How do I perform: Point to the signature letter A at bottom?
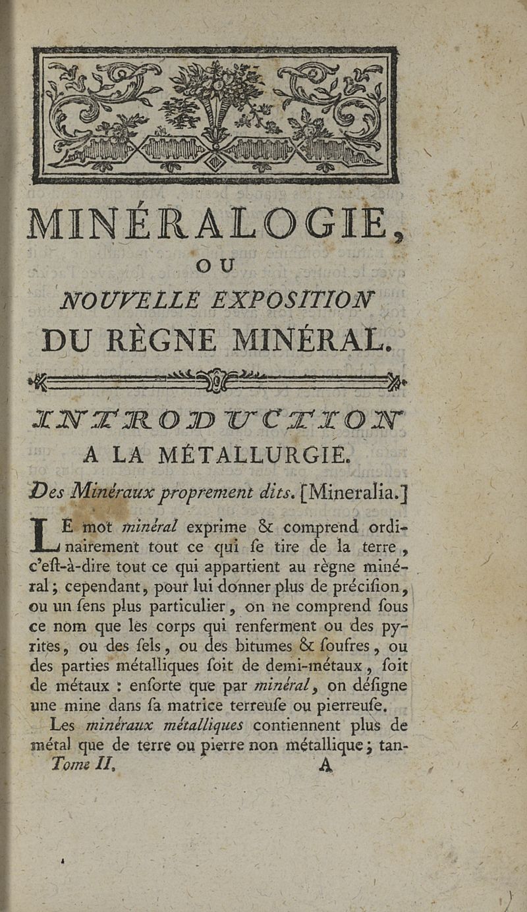click(x=324, y=766)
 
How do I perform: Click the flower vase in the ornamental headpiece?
click(x=216, y=105)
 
